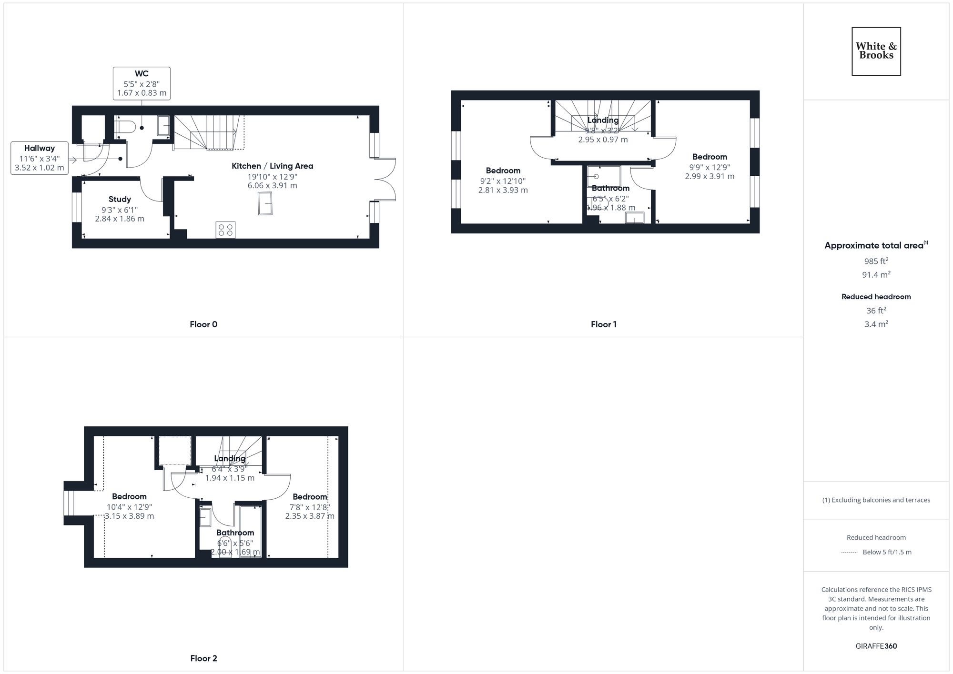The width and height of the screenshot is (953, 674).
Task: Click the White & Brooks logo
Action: click(x=876, y=51)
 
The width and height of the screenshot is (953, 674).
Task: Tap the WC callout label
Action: click(x=142, y=83)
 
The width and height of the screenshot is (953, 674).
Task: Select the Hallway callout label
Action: click(x=40, y=158)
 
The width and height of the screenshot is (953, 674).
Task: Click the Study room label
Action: click(x=120, y=200)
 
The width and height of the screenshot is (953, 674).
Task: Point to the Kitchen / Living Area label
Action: click(x=272, y=166)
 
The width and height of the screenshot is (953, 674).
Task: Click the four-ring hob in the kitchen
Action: click(x=225, y=230)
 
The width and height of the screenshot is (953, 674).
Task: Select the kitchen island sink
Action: click(x=265, y=203)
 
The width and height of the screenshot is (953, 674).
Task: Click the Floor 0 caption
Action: click(x=203, y=325)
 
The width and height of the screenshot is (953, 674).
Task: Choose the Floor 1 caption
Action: click(x=603, y=325)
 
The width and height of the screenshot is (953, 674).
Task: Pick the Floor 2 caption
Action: click(x=203, y=659)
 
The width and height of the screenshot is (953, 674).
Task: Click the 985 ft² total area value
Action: click(x=876, y=261)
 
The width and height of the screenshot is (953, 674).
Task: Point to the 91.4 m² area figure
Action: click(x=876, y=275)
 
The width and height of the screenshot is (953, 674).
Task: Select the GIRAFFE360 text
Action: click(x=876, y=646)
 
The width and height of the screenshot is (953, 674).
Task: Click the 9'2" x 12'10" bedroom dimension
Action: click(x=503, y=181)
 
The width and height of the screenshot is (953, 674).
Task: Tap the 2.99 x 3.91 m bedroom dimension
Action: click(x=710, y=176)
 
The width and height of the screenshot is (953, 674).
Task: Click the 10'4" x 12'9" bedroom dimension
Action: click(x=129, y=507)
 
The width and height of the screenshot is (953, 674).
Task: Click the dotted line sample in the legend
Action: click(x=849, y=553)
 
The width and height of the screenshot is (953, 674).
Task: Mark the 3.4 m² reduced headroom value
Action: click(x=876, y=324)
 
